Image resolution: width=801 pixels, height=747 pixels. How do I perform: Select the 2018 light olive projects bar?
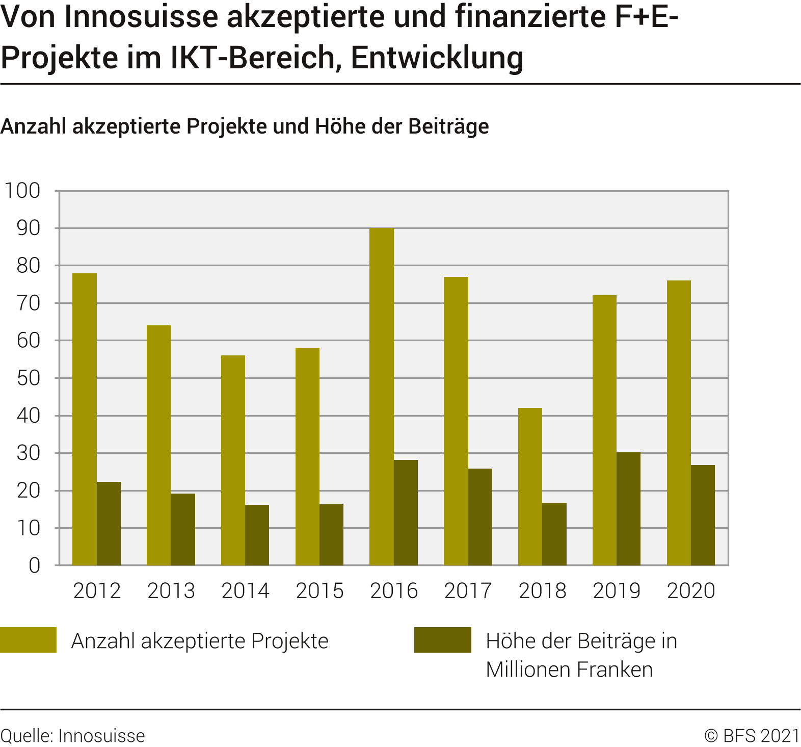pos(530,486)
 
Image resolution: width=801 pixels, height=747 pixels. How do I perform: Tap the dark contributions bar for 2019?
pos(628,509)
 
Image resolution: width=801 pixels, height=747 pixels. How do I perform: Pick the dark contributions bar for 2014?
pos(257,535)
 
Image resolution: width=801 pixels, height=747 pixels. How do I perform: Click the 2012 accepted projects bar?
pos(84,419)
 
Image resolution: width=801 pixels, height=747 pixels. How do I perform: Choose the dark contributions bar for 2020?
pos(703,515)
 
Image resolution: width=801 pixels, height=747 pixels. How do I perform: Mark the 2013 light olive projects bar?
pos(158,445)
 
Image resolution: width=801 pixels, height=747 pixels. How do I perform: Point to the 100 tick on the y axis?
pos(22,191)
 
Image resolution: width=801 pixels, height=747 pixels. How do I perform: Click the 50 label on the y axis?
pos(29,378)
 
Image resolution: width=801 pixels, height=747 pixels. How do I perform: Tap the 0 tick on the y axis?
pos(35,565)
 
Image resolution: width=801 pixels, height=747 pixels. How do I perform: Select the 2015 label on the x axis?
pos(319,591)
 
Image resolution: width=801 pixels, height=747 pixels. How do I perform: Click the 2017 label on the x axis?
pos(468,591)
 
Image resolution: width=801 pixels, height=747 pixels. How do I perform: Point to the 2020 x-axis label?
pos(691,591)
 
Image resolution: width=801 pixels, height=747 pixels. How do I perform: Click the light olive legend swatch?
pos(29,640)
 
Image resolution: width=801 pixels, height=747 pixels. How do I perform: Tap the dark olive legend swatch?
pos(442,640)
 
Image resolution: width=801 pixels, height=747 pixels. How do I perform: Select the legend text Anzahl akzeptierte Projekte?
pos(200,641)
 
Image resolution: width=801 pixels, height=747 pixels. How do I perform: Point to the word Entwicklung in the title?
pos(437,58)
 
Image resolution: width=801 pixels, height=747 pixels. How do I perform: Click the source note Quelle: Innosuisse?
pos(73,736)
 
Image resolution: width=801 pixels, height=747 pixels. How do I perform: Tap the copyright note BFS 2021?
pos(752,736)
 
